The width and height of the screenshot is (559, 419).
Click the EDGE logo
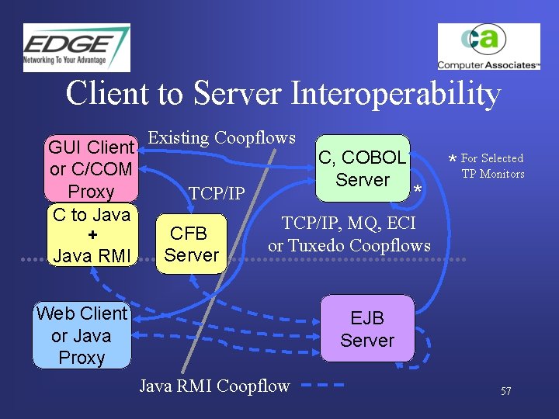click(76, 47)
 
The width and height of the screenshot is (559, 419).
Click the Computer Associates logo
click(488, 47)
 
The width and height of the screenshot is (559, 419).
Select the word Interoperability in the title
click(396, 94)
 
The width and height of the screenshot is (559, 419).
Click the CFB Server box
click(192, 244)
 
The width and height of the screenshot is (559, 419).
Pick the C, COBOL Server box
click(363, 168)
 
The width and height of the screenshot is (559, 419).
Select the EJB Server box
click(367, 329)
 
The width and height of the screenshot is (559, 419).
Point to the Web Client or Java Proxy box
click(82, 335)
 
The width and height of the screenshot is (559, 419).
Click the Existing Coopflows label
click(221, 138)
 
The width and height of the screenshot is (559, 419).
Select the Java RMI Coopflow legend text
click(214, 386)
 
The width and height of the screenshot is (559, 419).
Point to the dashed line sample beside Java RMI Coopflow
click(322, 385)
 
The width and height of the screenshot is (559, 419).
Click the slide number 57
click(505, 391)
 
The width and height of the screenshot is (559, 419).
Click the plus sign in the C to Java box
click(92, 234)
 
